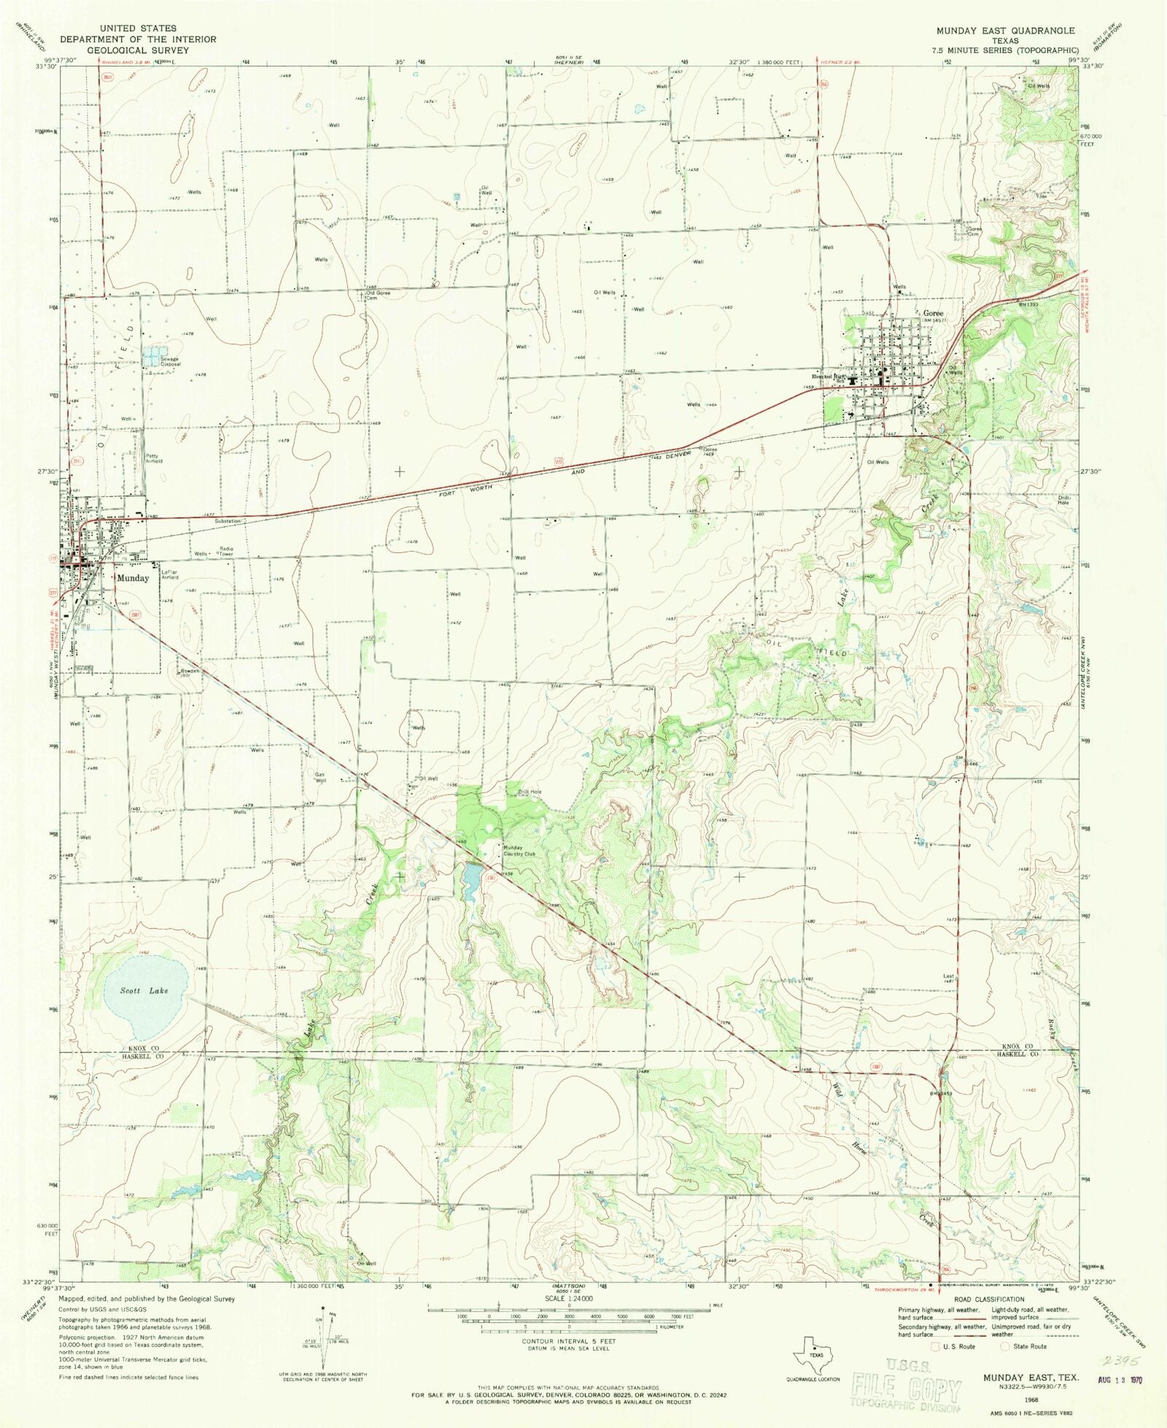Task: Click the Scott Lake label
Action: click(144, 990)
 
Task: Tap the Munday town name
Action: click(133, 578)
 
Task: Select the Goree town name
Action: click(933, 313)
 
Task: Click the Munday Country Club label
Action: click(519, 851)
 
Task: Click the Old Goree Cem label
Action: click(378, 296)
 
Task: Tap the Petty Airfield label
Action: click(153, 459)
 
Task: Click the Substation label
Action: click(228, 521)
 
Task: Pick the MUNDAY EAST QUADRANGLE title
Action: click(1005, 31)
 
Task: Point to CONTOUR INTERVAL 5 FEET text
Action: click(568, 1342)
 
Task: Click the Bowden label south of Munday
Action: click(185, 671)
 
